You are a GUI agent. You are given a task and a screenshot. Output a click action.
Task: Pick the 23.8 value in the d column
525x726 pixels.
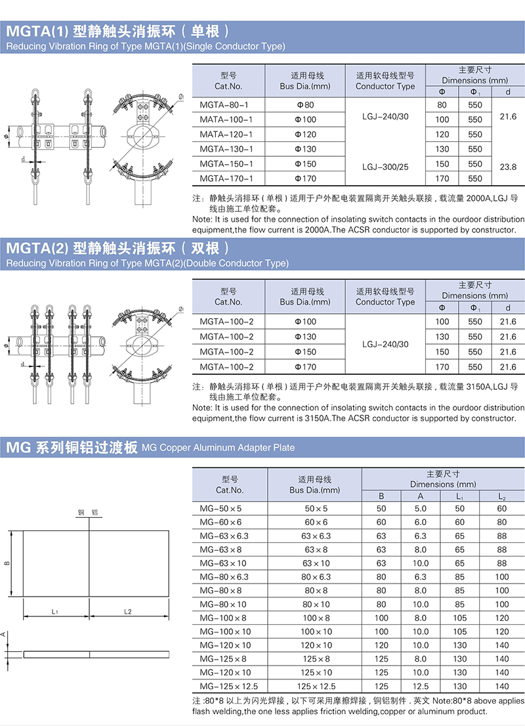pos(508,164)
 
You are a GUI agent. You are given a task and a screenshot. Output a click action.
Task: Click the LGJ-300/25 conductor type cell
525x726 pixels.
pos(385,167)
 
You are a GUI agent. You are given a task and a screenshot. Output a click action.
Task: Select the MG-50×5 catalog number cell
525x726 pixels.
pos(220,509)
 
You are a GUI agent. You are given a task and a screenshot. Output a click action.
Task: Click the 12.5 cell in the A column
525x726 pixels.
pos(420,686)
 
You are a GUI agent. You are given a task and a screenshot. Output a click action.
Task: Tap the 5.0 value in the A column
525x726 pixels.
pos(420,509)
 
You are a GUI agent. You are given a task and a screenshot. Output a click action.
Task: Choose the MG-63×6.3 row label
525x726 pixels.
pos(224,536)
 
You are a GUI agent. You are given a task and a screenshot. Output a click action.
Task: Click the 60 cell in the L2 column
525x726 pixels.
pos(502,509)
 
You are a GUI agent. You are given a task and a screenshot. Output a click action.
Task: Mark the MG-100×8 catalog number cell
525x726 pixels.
pos(223,618)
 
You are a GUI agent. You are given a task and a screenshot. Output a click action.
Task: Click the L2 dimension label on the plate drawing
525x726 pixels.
pos(128,612)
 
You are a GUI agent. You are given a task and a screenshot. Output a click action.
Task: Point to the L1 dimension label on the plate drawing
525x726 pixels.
pos(55,612)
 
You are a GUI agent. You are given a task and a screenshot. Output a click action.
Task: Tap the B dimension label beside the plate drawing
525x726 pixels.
pos(7,563)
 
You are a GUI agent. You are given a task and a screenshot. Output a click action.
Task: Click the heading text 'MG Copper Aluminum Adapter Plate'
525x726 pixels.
pos(218,448)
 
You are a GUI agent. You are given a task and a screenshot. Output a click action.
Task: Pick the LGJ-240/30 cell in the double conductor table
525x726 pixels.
pos(385,345)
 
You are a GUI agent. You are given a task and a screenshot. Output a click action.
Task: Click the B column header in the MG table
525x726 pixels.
pos(381,496)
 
